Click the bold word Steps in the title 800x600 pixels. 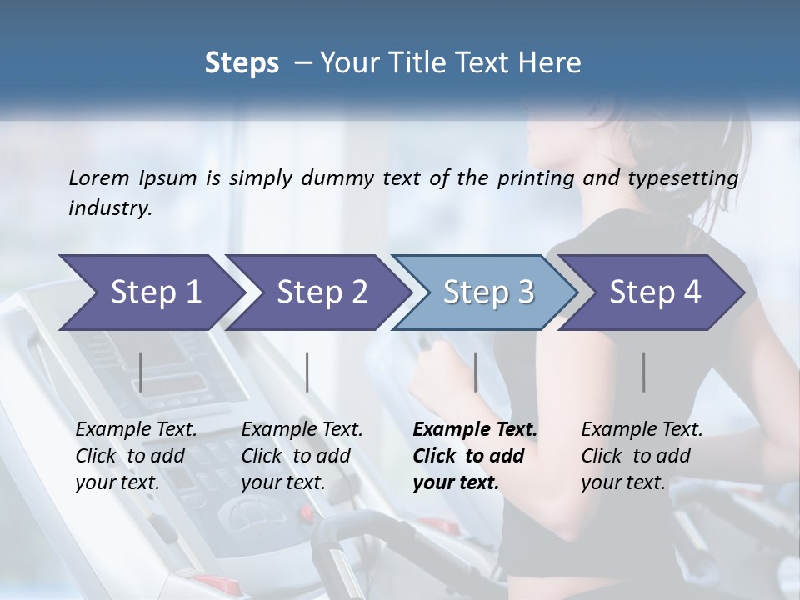click(242, 63)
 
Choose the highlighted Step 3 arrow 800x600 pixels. click(488, 292)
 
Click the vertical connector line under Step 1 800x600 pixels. click(141, 372)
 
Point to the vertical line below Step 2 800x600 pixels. click(307, 372)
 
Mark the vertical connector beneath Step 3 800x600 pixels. click(475, 372)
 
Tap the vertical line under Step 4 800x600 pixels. click(644, 372)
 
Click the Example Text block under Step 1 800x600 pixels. click(136, 456)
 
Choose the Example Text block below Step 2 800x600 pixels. click(302, 456)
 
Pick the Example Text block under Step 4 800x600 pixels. click(642, 456)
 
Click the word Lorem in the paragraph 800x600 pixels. click(99, 177)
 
